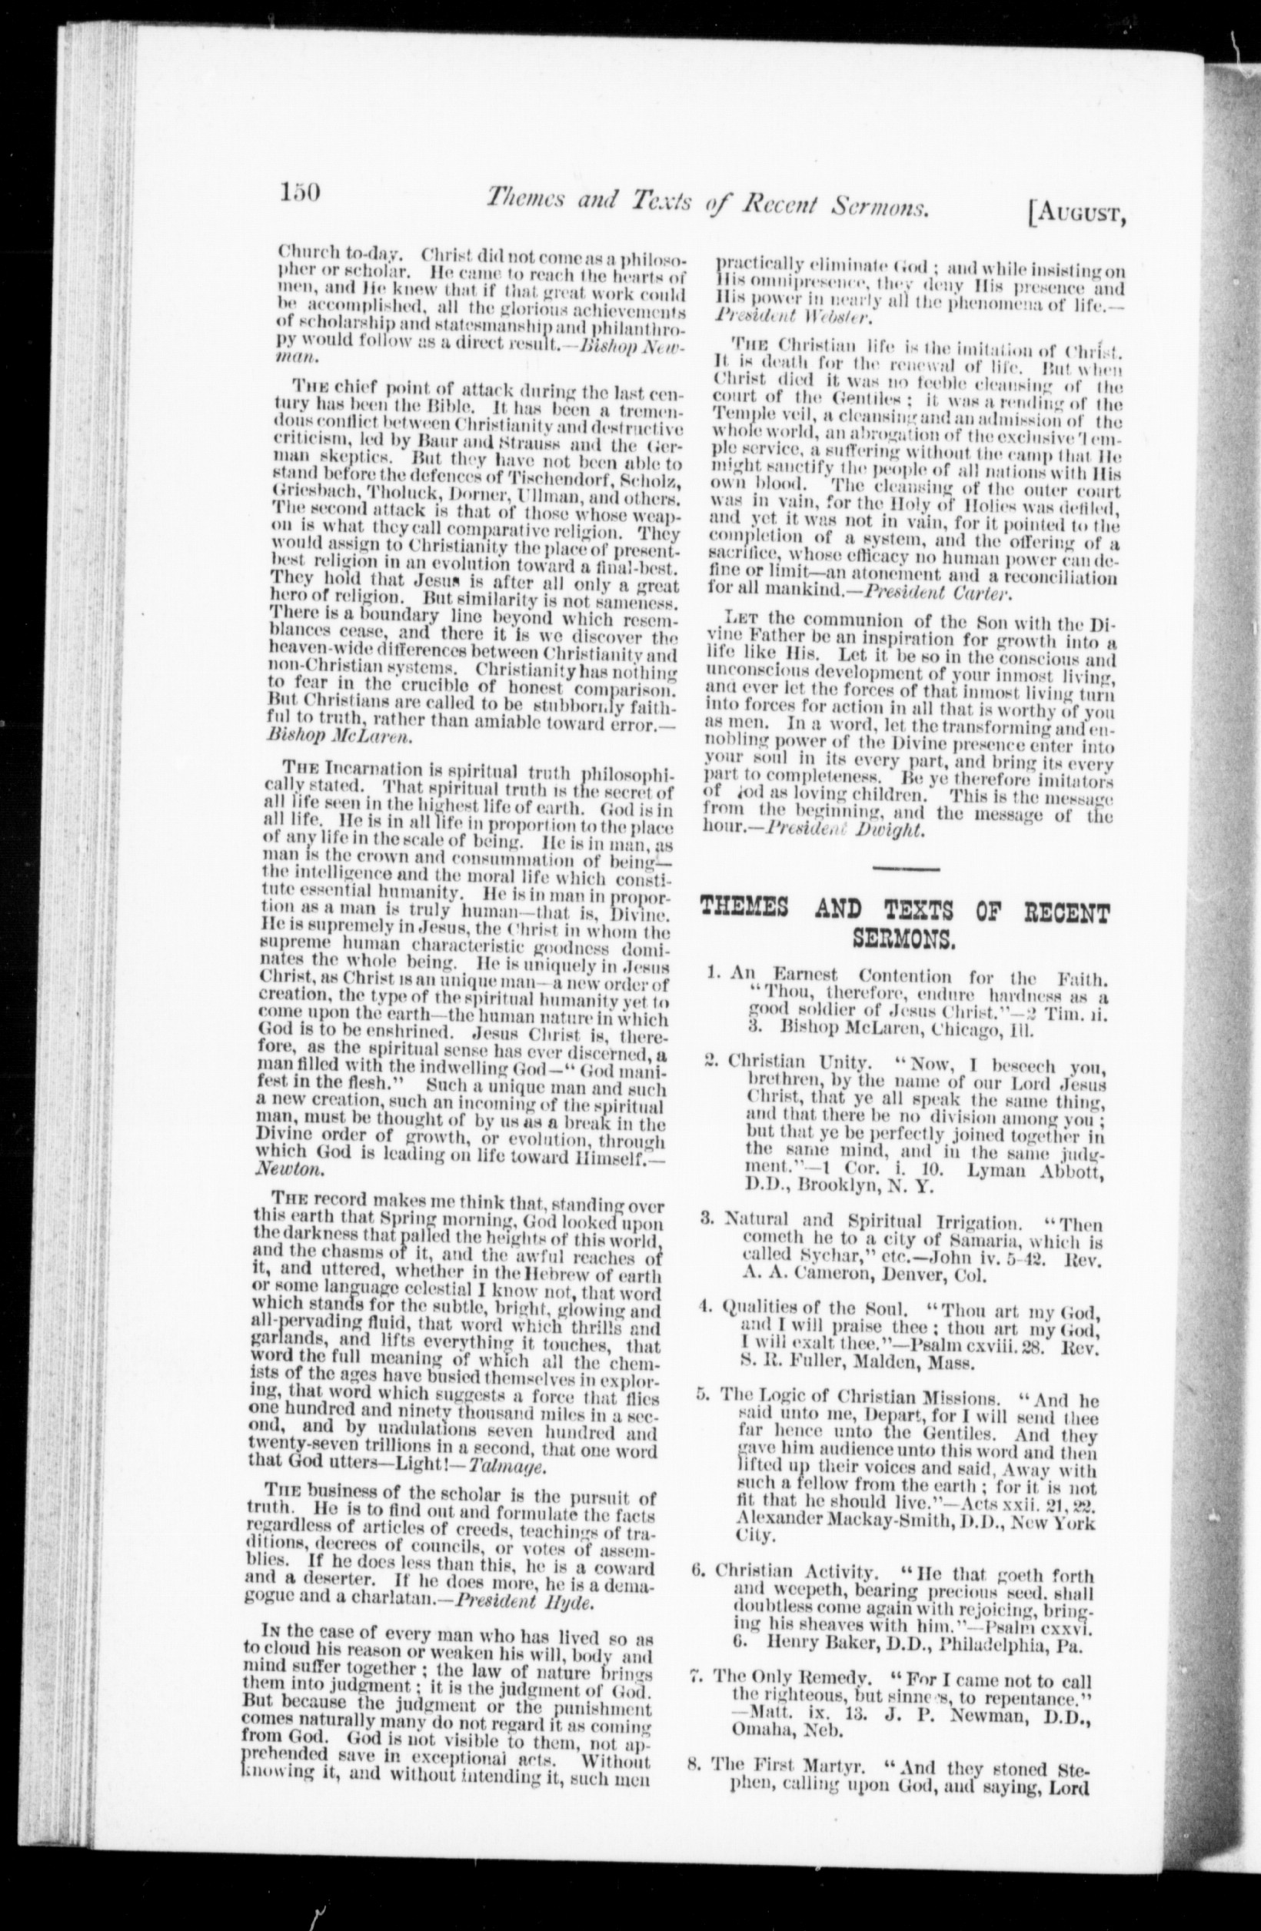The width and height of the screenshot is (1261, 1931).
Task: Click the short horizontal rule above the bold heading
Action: (906, 869)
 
